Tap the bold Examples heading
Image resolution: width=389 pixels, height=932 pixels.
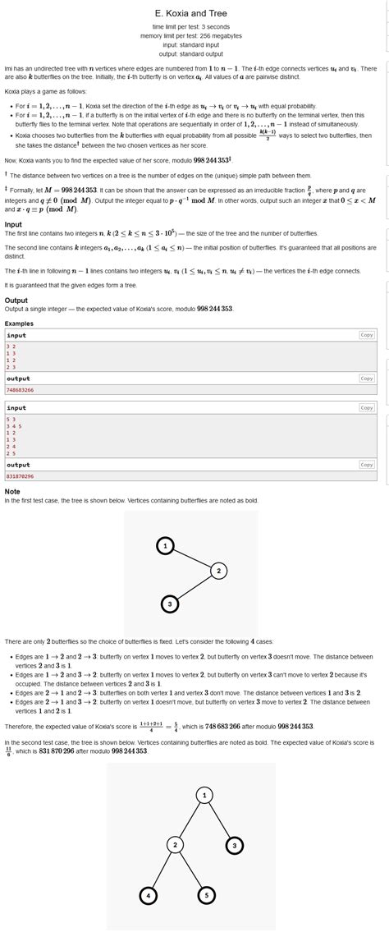point(19,324)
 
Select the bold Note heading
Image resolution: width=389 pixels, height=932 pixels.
point(12,491)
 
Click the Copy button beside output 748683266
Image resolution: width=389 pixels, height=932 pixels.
point(367,379)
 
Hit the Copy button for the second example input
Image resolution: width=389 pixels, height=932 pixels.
point(367,407)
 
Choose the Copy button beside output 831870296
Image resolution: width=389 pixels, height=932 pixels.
point(367,465)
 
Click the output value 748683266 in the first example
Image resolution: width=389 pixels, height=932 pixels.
point(20,390)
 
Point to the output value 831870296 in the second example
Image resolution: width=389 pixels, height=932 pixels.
point(20,476)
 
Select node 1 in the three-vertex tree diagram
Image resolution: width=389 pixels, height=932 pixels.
point(166,546)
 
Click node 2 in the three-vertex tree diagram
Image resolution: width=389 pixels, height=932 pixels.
point(218,571)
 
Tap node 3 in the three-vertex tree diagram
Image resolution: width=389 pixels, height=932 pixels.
point(169,604)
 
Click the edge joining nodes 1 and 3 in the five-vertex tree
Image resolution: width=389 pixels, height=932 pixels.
point(219,820)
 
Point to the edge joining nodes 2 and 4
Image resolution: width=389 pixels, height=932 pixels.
point(162,870)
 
